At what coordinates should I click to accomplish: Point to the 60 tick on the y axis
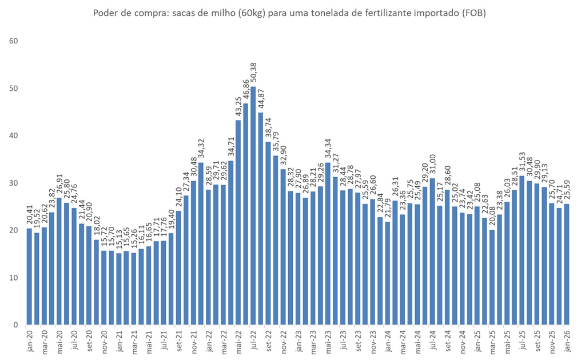click(14, 41)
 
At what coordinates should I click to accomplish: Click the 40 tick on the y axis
click(14, 136)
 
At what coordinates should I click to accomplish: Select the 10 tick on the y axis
click(14, 278)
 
